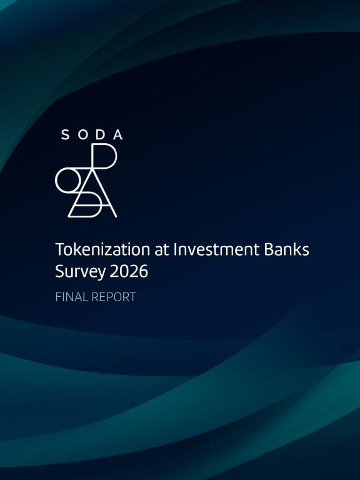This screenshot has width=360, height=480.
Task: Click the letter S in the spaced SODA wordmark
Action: coord(65,135)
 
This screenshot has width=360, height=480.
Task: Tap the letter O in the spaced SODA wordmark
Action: coord(83,135)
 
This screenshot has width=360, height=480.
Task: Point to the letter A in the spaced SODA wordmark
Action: coord(118,135)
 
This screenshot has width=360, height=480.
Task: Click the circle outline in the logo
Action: coord(56,180)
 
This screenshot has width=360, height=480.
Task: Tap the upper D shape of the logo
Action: coord(116,156)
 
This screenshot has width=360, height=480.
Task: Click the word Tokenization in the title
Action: coord(102,249)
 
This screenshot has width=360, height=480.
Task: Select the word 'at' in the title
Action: coord(162,250)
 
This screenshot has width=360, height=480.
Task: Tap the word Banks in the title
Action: coord(287,249)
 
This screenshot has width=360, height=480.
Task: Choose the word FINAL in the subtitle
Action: coord(71,297)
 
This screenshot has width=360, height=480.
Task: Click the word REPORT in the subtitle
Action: coord(114,297)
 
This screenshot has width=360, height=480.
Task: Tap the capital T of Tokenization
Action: coord(60,249)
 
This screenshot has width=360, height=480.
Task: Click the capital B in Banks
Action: coord(270,249)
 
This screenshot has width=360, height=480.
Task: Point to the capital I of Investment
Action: coord(175,249)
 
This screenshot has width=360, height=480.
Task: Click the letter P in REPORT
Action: coord(109,297)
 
